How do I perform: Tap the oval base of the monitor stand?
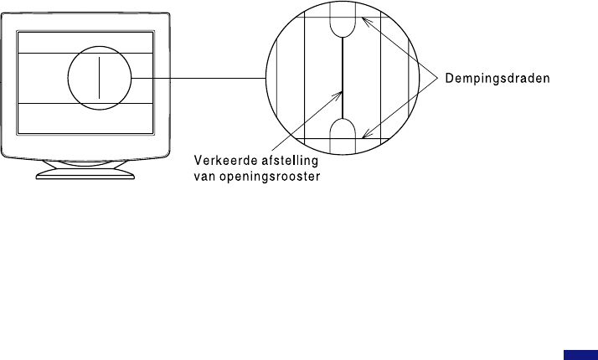tap(86, 173)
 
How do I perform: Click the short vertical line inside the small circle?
tap(99, 77)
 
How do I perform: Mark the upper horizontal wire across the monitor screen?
tap(42, 54)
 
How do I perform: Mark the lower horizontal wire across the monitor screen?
tap(42, 102)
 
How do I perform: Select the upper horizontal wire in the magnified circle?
tap(310, 16)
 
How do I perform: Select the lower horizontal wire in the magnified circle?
tap(310, 139)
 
